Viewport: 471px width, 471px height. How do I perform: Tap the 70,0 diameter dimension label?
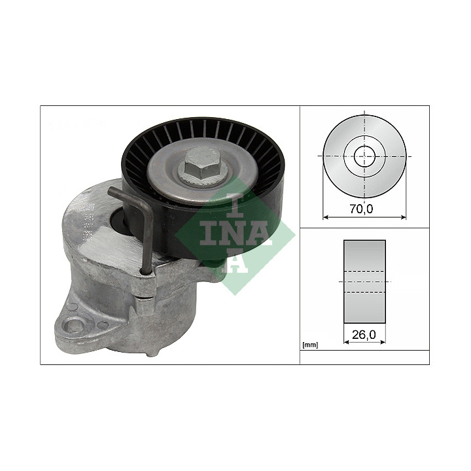361,209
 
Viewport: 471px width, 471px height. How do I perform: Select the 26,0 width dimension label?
364,335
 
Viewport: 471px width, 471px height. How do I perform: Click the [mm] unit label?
310,345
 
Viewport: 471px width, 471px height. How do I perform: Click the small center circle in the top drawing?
364,156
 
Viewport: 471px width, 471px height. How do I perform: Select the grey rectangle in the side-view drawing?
364,281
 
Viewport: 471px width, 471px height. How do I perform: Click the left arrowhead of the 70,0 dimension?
325,217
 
